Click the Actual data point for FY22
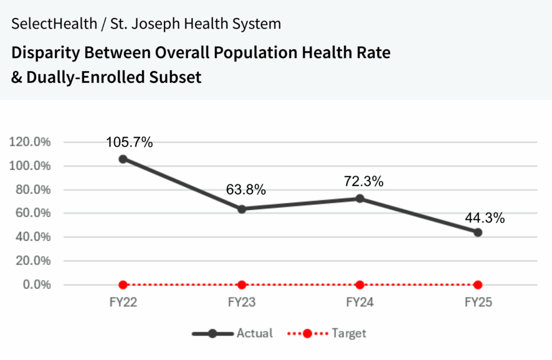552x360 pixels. click(x=123, y=159)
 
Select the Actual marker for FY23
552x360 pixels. click(x=241, y=209)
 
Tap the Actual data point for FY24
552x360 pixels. click(x=360, y=199)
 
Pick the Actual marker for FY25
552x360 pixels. click(x=478, y=232)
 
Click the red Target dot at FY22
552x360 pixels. click(x=123, y=285)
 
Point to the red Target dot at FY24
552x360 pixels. click(x=360, y=285)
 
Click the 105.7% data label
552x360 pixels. click(x=129, y=143)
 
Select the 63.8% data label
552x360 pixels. click(x=246, y=190)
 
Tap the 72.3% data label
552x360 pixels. click(x=364, y=182)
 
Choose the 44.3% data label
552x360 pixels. click(x=485, y=218)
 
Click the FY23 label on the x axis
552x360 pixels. click(x=241, y=302)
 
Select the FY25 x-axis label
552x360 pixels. click(x=478, y=302)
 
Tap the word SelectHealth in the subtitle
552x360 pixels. click(x=44, y=24)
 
